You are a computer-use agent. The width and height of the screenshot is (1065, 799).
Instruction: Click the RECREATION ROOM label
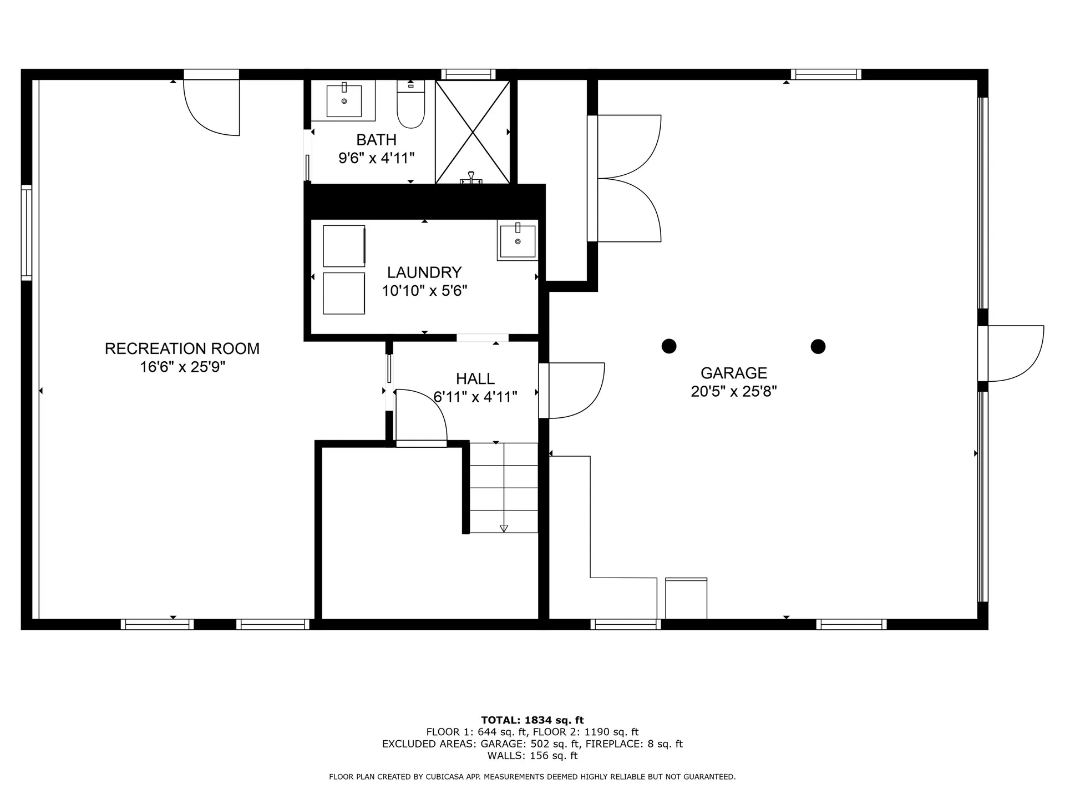pos(182,348)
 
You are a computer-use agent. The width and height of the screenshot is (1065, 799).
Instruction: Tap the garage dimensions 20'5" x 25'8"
pos(733,392)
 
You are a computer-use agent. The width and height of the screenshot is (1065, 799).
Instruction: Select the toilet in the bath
pos(410,105)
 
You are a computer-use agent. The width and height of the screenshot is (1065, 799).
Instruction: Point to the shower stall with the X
pos(473,132)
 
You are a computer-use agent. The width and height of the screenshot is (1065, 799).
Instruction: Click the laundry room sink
pos(518,241)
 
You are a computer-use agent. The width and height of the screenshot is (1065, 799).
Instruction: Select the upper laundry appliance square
pos(344,246)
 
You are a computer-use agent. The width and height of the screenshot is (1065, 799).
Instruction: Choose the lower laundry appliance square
pos(344,293)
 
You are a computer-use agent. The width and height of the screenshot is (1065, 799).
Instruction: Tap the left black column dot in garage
pos(669,346)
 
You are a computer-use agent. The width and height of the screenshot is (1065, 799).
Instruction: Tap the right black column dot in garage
pos(818,347)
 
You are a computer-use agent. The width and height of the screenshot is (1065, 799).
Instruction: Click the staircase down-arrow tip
pos(504,529)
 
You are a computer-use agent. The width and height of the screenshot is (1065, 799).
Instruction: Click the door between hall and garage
pos(571,391)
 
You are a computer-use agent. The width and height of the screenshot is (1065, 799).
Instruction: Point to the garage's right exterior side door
pos(1012,353)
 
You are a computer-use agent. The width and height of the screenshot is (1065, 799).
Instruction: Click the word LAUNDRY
pos(424,272)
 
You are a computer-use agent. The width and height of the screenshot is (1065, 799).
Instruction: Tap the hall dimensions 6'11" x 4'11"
pos(475,397)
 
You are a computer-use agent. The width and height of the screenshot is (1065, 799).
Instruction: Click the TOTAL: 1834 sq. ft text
pos(532,720)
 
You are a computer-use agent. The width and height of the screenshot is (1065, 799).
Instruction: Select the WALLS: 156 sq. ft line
pos(532,756)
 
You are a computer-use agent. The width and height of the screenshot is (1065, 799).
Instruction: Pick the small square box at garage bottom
pos(686,598)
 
